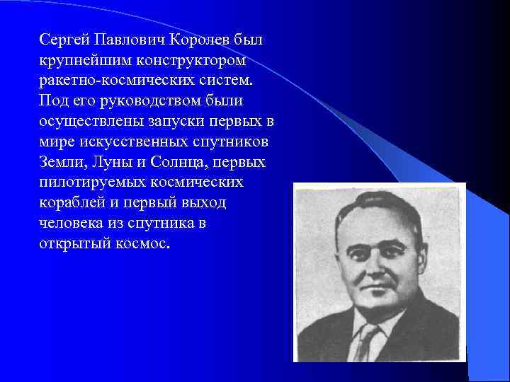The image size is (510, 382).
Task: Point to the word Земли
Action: tap(61, 161)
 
